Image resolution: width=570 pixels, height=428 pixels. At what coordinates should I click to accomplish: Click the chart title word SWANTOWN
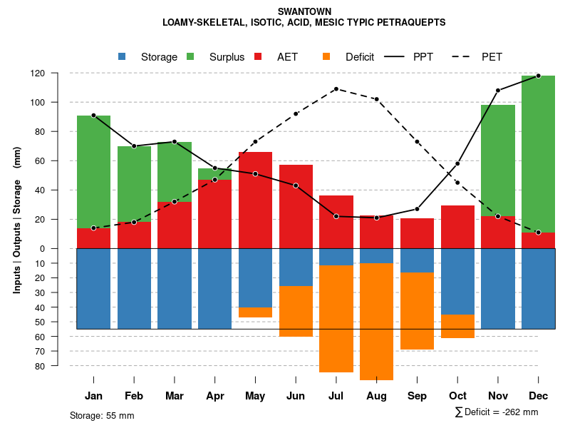304,11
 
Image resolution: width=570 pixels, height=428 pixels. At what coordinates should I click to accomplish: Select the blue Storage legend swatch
123,56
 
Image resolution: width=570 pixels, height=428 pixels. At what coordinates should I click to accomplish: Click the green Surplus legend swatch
190,56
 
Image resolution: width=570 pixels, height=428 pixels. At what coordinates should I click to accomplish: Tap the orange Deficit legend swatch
326,56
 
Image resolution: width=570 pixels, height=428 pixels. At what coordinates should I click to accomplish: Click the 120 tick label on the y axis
58,73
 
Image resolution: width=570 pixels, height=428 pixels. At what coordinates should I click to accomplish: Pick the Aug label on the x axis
377,396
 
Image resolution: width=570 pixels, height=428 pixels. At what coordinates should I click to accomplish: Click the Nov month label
498,396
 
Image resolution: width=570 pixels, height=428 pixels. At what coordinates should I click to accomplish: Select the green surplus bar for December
538,153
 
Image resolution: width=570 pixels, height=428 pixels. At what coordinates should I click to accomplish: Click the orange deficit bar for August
377,322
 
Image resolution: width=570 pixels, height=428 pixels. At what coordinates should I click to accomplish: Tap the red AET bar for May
255,200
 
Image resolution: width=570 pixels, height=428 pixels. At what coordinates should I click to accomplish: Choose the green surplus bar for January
93,171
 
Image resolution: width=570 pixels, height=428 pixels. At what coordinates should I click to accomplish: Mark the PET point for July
336,89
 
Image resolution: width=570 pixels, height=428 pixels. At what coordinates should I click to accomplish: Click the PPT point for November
498,91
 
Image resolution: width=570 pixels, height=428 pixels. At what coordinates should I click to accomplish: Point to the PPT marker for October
457,164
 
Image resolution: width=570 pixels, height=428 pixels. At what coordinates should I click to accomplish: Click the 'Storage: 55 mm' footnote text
102,415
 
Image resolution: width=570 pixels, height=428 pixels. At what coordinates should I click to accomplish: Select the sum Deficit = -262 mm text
497,412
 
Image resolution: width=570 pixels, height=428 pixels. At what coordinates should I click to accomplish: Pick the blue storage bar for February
134,288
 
